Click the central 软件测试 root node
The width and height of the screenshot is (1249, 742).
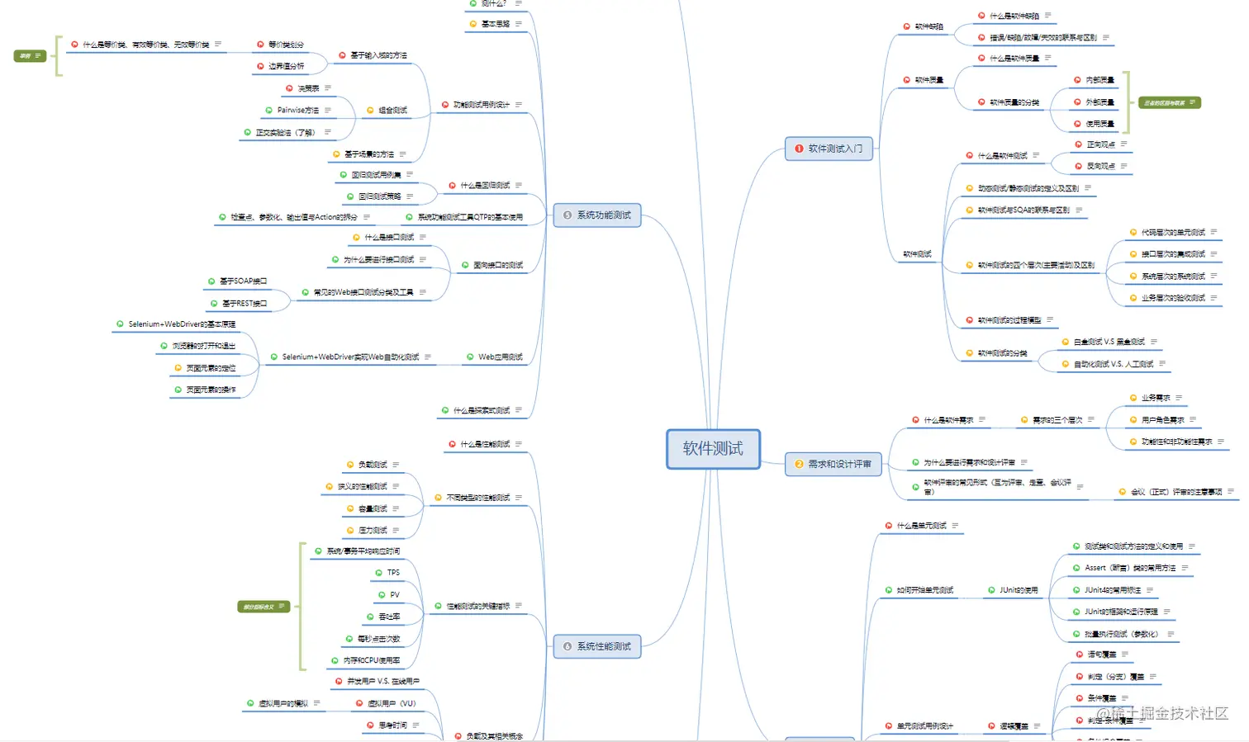713,449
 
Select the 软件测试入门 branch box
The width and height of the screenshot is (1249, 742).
829,149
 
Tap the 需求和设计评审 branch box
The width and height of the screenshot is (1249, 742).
833,464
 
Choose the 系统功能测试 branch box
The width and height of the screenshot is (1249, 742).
597,215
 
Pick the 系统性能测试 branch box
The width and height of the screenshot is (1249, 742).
597,646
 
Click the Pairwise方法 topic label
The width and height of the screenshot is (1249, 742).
297,111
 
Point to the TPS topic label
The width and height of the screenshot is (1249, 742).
393,573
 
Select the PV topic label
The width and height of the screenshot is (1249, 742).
395,595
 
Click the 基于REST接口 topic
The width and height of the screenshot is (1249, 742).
245,304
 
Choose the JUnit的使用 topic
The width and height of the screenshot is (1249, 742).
1019,590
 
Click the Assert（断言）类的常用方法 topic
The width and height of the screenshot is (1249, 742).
1130,568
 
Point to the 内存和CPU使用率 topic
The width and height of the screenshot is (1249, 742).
372,660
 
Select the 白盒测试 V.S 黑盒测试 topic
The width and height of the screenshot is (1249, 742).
1109,342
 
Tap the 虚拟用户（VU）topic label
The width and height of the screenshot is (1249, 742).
392,704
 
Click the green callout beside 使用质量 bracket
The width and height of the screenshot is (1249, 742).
1169,103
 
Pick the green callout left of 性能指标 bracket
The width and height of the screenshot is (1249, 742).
264,607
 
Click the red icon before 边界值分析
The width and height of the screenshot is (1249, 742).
260,66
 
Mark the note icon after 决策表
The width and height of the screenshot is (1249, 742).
328,88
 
